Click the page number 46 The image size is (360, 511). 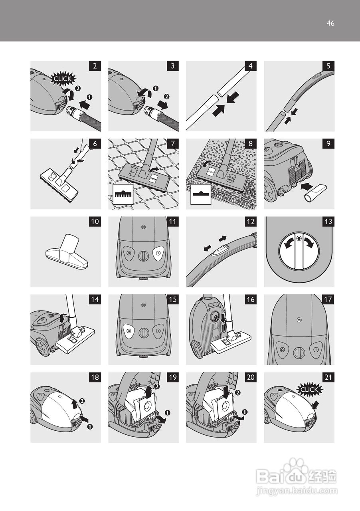(330, 23)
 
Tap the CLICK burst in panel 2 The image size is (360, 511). (62, 79)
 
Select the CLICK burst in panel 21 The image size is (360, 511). (309, 389)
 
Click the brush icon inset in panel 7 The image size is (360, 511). (123, 194)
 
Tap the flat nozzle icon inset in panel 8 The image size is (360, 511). (200, 194)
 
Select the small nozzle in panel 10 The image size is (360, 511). (67, 252)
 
